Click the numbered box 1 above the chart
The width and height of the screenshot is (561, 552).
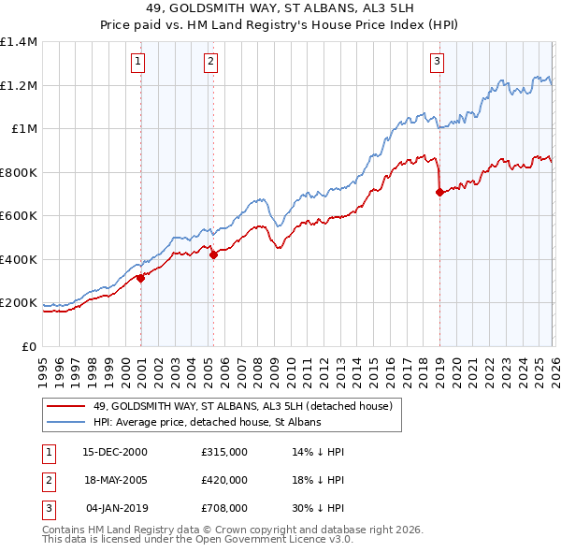pos(137,62)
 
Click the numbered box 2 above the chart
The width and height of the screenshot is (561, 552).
pos(210,62)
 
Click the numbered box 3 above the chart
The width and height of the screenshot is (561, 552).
pos(437,62)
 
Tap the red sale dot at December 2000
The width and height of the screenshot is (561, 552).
pos(141,278)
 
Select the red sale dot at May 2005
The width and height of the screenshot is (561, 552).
pos(213,254)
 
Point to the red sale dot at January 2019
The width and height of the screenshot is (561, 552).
pos(439,192)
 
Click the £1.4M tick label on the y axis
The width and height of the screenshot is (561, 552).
pos(19,42)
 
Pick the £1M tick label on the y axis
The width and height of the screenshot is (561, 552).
pos(23,129)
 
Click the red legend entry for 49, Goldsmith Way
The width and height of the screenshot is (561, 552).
pos(247,406)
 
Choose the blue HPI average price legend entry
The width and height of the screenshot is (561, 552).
pos(206,423)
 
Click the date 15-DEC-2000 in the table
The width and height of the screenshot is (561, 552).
pos(115,452)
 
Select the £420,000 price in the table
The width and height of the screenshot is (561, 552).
pos(223,480)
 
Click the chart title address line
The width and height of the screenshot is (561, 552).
pos(280,10)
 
